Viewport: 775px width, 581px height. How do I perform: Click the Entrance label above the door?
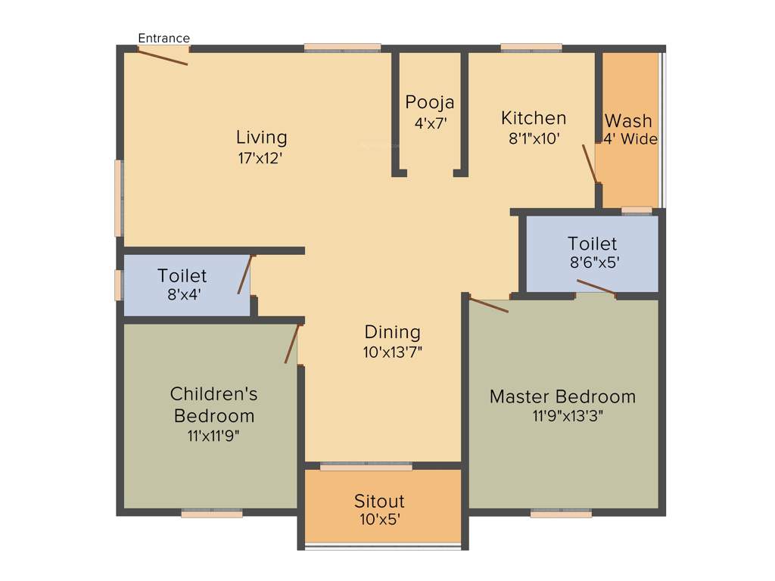tap(164, 38)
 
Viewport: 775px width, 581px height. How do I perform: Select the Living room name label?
tap(261, 137)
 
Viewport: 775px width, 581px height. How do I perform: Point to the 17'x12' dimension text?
tap(261, 159)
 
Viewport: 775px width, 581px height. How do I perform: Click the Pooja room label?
tap(430, 102)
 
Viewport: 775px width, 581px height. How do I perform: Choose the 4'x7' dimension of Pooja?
tap(430, 123)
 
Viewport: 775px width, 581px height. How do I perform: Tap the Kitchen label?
tap(534, 118)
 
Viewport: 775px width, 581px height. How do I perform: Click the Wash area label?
tap(628, 121)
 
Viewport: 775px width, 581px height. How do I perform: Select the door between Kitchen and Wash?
tap(590, 163)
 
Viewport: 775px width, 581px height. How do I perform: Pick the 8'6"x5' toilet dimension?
tap(593, 264)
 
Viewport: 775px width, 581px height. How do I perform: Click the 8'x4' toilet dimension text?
tap(184, 296)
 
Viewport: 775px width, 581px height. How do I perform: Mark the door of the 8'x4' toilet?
tap(244, 275)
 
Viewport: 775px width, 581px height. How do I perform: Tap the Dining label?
tap(392, 331)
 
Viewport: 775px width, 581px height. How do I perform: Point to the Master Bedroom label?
tap(562, 396)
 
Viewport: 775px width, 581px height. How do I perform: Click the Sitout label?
tap(379, 501)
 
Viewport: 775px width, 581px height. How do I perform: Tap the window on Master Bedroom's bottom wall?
tap(561, 514)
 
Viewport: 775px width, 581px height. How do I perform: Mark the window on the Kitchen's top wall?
tap(531, 48)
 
